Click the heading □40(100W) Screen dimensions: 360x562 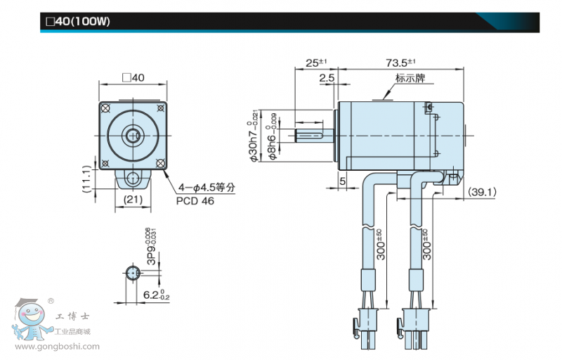[x=78, y=22]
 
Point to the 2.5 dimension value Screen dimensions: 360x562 [x=327, y=78]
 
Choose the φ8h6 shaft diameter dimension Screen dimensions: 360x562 [x=275, y=136]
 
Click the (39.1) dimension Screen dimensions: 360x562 [x=483, y=191]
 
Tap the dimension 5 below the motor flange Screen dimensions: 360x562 [x=342, y=182]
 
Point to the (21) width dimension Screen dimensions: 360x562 [x=133, y=200]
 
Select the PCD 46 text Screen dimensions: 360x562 [x=195, y=200]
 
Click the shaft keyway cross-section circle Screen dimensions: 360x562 [x=133, y=272]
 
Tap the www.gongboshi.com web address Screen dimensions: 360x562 [x=57, y=346]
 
